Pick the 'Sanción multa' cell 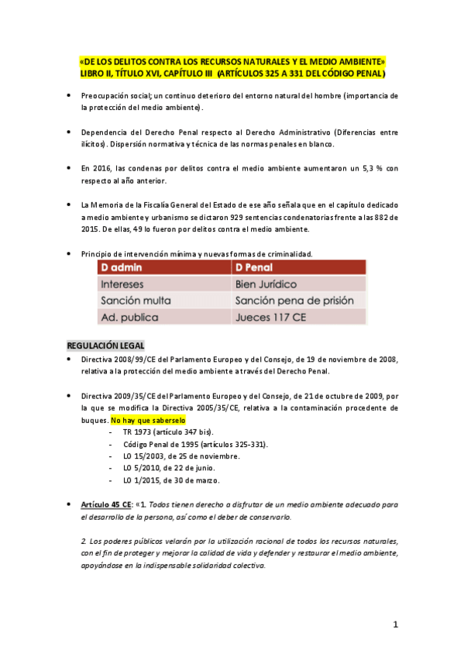(x=136, y=301)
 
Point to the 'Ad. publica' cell (x=129, y=317)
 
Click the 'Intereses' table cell (x=122, y=284)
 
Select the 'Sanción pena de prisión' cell (x=295, y=301)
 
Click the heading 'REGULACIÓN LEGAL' (x=105, y=345)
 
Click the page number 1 (x=395, y=624)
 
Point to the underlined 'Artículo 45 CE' (x=106, y=504)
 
